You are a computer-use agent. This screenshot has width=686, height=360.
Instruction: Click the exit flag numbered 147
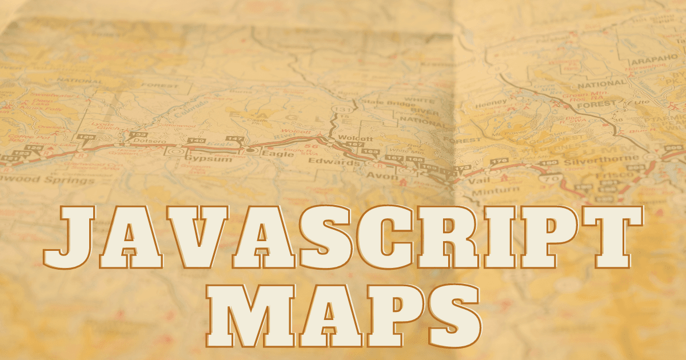[235, 139]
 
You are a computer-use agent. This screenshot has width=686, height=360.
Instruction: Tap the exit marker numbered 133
[138, 134]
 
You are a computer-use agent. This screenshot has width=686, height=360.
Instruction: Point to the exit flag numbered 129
[86, 138]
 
